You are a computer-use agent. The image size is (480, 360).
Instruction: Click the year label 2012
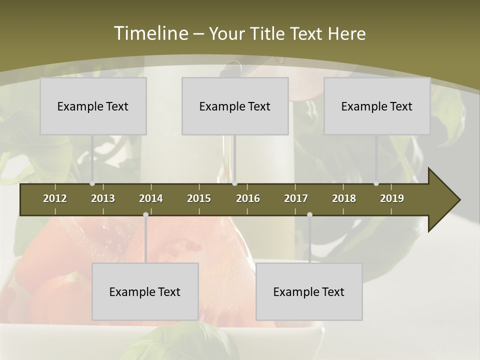[x=55, y=198]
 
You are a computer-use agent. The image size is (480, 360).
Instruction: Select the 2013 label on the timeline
[x=103, y=198]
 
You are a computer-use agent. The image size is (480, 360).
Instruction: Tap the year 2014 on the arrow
[x=151, y=198]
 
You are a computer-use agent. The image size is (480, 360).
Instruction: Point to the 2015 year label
[x=199, y=198]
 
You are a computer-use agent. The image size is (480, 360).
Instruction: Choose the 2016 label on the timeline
[x=248, y=198]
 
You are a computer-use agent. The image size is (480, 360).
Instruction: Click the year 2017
[x=296, y=198]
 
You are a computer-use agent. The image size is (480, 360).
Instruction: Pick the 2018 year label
[x=344, y=198]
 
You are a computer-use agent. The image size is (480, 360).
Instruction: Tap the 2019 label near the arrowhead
[x=392, y=198]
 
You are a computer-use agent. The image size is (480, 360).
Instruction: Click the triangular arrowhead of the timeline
[x=442, y=200]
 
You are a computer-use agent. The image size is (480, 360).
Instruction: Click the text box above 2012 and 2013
[x=93, y=106]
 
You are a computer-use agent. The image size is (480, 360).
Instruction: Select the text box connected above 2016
[x=235, y=106]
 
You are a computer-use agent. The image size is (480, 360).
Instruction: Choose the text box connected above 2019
[x=377, y=106]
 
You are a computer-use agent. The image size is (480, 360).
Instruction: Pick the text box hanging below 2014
[x=145, y=291]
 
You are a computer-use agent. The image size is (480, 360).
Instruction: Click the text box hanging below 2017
[x=309, y=291]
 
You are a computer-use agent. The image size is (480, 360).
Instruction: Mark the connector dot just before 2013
[x=92, y=183]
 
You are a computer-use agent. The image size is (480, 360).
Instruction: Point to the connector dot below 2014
[x=145, y=215]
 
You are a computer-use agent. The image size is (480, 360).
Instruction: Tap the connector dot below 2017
[x=309, y=215]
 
